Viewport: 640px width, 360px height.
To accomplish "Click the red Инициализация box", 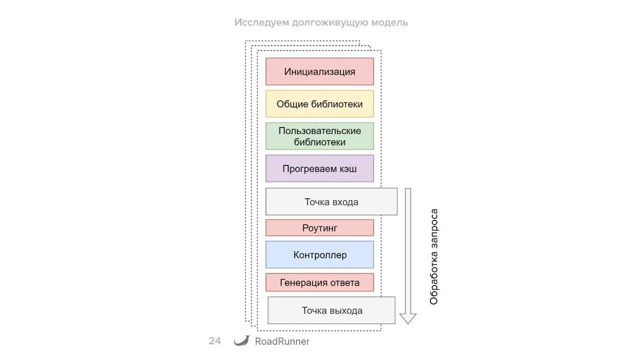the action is tap(319, 71).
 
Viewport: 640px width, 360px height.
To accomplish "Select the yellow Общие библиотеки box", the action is tap(319, 104).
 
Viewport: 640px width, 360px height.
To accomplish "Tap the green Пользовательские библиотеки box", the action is tap(319, 136).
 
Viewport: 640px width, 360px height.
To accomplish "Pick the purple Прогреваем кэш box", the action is tap(319, 168).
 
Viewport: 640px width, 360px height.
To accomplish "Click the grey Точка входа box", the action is tap(331, 202).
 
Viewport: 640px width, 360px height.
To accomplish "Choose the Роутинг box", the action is tap(319, 228).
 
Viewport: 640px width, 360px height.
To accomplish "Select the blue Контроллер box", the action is tap(319, 255).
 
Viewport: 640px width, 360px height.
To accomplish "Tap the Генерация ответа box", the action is tap(319, 282).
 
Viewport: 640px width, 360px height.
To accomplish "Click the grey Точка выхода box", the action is tap(331, 310).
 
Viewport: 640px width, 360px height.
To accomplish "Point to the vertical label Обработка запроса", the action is tap(434, 256).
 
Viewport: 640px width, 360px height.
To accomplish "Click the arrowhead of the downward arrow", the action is tap(408, 318).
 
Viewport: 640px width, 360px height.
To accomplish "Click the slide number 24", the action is tap(214, 341).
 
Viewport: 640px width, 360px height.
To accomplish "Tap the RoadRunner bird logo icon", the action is tap(241, 340).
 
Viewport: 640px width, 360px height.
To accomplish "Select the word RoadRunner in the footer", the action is tap(282, 341).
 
